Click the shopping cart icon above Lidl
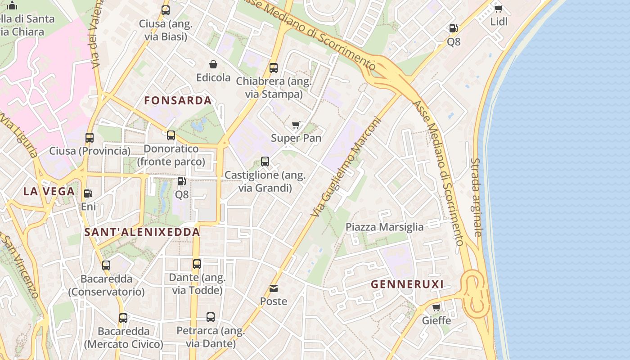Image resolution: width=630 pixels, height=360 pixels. (x=498, y=9)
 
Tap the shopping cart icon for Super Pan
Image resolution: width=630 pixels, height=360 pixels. (x=296, y=125)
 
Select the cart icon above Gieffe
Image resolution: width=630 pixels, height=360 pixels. (x=436, y=308)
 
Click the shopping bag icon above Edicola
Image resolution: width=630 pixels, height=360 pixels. (x=213, y=65)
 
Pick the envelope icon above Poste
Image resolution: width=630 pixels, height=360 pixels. (x=274, y=288)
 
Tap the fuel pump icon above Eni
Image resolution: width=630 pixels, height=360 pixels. (x=88, y=193)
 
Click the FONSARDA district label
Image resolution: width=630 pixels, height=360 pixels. (x=178, y=101)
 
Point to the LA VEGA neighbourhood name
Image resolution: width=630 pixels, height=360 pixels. (x=49, y=191)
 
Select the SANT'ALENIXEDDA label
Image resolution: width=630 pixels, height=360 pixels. (x=142, y=232)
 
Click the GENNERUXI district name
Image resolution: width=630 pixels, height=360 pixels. (x=407, y=284)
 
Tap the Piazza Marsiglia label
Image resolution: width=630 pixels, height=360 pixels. (x=384, y=227)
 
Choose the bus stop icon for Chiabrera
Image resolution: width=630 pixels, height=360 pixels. (x=274, y=68)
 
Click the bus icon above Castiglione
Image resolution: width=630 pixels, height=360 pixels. (x=265, y=162)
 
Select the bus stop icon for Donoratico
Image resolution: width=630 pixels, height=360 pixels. (x=171, y=135)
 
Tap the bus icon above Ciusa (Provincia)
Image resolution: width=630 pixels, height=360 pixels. (x=90, y=138)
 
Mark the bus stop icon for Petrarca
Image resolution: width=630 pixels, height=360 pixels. (x=211, y=317)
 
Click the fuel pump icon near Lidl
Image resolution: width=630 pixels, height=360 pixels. (x=453, y=28)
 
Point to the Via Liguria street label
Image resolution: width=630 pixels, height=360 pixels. (x=20, y=135)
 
